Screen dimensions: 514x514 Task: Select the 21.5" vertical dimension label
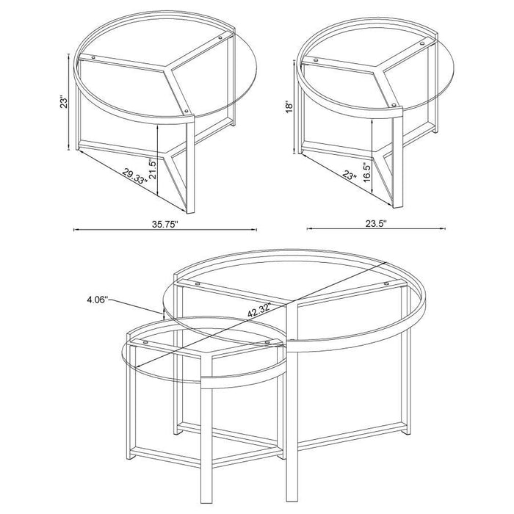click(151, 170)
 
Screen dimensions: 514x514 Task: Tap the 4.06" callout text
click(96, 299)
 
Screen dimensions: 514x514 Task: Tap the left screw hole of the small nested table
click(145, 342)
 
